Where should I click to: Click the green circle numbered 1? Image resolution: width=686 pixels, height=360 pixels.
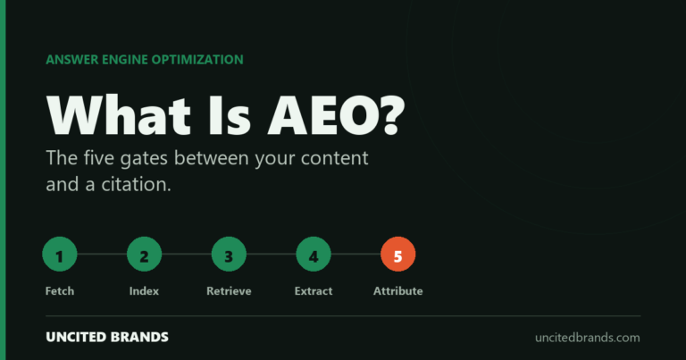click(x=60, y=254)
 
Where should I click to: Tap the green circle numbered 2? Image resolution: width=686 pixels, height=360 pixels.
click(x=144, y=254)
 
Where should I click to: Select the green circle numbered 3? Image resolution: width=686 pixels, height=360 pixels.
click(x=229, y=254)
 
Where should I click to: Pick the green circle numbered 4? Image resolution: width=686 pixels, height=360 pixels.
click(x=314, y=254)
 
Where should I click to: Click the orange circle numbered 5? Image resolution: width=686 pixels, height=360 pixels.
click(x=397, y=254)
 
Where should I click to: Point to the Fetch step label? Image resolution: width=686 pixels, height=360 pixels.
click(x=60, y=291)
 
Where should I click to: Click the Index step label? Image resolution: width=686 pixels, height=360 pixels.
click(x=144, y=291)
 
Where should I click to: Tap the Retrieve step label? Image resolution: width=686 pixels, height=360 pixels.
click(x=229, y=291)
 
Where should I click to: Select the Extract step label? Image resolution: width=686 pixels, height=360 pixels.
click(x=314, y=291)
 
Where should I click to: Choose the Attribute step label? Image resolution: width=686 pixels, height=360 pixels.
click(x=397, y=291)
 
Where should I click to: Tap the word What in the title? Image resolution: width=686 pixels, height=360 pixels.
click(x=119, y=115)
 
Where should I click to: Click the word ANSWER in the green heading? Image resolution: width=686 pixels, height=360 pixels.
click(x=71, y=60)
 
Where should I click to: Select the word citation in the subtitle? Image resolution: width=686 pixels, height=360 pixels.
click(x=136, y=184)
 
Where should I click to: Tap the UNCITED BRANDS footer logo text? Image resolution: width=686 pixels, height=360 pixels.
click(x=107, y=337)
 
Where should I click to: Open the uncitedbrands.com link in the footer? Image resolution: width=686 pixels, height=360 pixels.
click(x=588, y=338)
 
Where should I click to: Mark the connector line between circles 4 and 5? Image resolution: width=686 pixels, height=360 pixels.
click(x=356, y=254)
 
